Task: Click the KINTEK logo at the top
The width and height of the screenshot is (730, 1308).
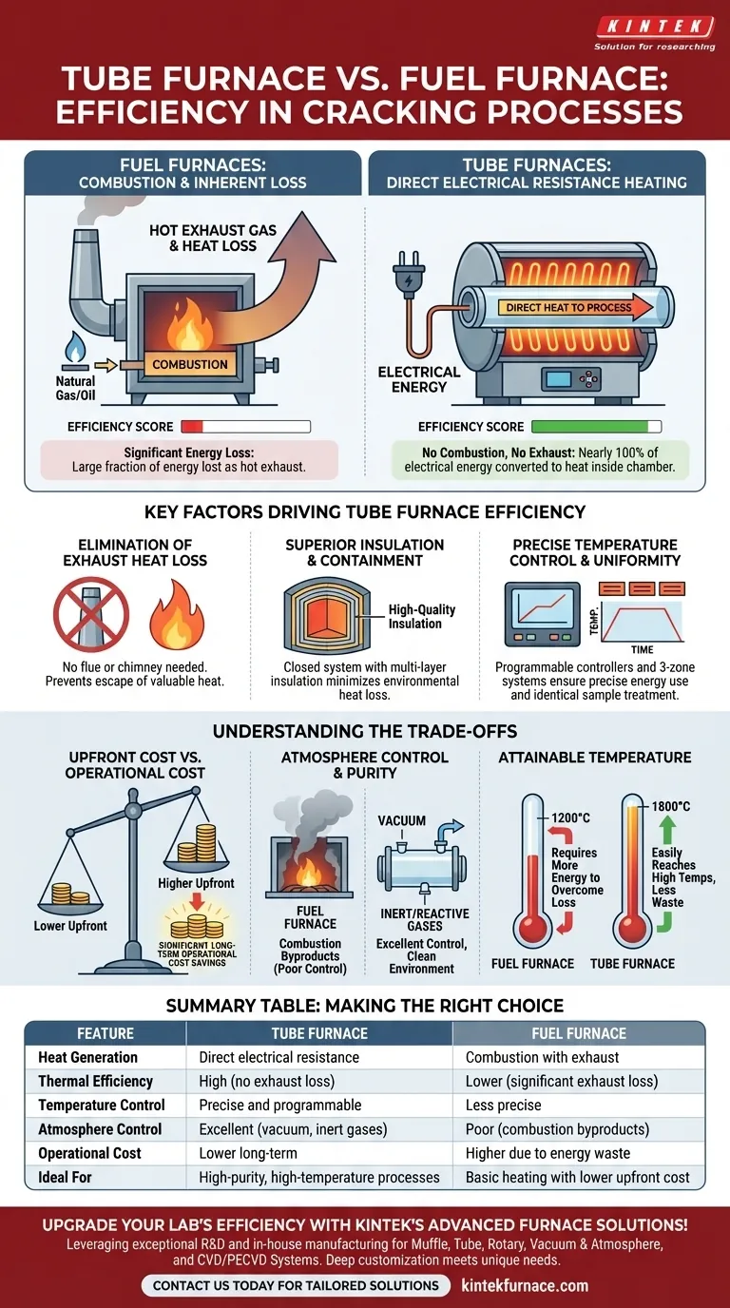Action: point(654,28)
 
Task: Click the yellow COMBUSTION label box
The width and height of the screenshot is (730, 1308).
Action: point(190,364)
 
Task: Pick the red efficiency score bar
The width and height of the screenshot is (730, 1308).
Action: point(193,427)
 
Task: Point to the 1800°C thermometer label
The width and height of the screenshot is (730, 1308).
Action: point(670,806)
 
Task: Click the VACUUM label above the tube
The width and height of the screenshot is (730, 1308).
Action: point(402,820)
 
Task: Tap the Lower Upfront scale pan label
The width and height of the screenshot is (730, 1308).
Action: point(69,925)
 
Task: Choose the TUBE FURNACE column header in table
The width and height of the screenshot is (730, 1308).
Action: point(318,1033)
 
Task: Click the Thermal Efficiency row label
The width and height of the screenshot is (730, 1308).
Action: point(95,1081)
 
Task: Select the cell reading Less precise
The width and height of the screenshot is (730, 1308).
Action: point(503,1105)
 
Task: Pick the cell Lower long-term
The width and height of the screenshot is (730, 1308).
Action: point(248,1153)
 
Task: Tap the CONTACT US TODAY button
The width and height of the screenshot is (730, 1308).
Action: point(296,1285)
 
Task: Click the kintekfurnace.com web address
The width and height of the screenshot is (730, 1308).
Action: point(524,1285)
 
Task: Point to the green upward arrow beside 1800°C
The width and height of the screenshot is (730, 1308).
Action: point(665,830)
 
